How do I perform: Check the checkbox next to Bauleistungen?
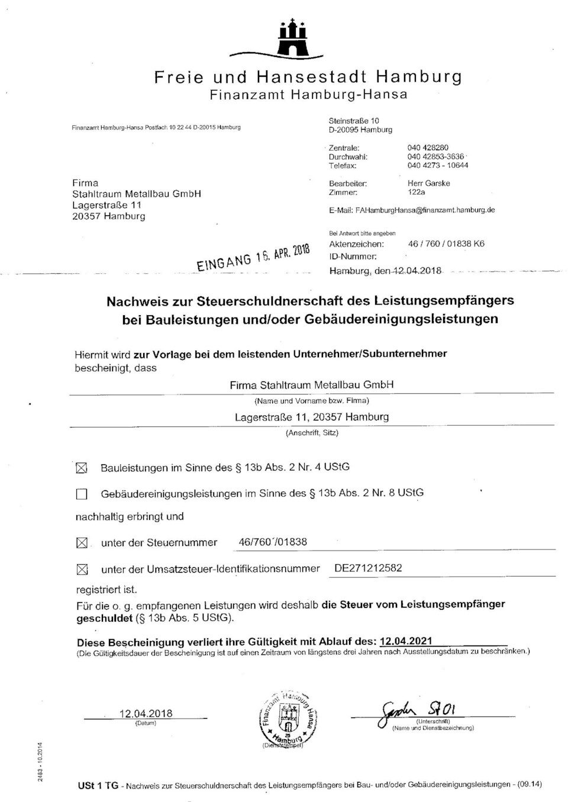(82, 468)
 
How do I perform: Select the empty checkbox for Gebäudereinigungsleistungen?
(82, 494)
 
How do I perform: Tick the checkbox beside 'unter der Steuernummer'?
(82, 543)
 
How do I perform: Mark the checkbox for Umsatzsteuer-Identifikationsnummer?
(82, 570)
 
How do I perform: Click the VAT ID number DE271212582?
(368, 568)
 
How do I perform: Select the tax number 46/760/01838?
(272, 542)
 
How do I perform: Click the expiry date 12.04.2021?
(406, 641)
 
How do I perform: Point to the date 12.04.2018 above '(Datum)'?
(146, 713)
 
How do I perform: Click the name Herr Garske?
(428, 183)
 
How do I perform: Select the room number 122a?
(417, 192)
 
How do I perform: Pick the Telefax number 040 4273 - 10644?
(437, 166)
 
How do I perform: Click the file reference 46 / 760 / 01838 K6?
(446, 244)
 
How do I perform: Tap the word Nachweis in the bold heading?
(134, 300)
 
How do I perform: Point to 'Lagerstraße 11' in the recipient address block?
(106, 205)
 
